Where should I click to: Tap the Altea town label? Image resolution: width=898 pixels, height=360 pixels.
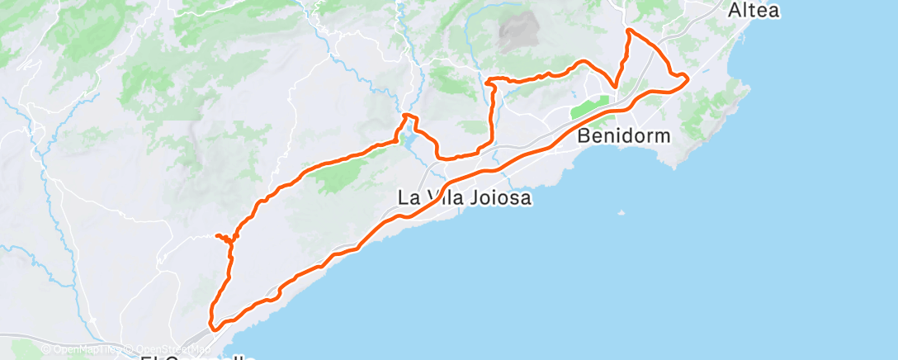point(754,11)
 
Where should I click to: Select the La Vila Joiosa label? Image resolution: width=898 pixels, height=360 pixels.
point(463,198)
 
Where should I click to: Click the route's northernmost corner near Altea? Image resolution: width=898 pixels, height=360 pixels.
point(630,31)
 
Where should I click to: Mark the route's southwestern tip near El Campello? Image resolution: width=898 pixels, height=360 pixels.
point(213,326)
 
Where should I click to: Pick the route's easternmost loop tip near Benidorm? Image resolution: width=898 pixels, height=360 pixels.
point(687,78)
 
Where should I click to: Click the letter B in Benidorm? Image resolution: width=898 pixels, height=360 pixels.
point(584,135)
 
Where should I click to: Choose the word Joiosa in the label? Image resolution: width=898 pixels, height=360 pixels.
point(499,198)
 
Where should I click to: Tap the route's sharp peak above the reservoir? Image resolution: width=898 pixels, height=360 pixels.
point(405,116)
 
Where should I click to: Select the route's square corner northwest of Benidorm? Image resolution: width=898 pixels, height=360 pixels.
point(491,80)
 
